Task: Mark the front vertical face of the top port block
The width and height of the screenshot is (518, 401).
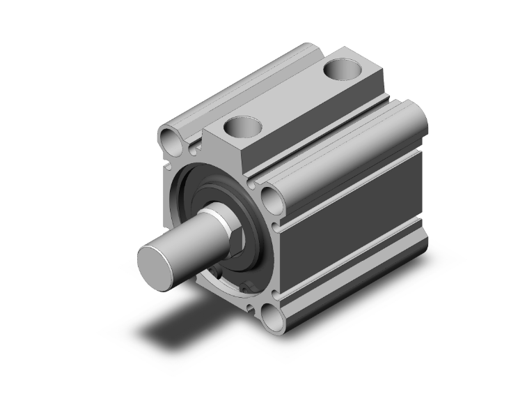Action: tap(226, 157)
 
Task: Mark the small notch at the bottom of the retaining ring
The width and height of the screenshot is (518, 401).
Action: tap(245, 288)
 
